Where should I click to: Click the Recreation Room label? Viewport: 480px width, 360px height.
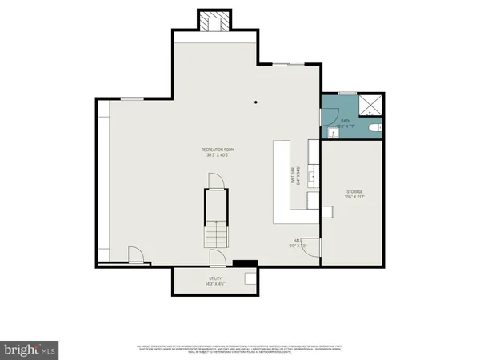point(217,151)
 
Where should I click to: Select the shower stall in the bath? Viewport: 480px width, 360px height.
point(370,106)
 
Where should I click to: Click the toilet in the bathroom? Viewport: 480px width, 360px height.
point(375,128)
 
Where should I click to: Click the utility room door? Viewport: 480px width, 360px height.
point(216,258)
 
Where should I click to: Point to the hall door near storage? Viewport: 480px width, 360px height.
point(313,249)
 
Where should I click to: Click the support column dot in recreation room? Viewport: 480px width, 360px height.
point(255,102)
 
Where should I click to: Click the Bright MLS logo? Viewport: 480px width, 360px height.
point(30,350)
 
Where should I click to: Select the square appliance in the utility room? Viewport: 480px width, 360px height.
point(250,278)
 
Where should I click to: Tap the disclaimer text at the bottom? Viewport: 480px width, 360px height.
point(240,348)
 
